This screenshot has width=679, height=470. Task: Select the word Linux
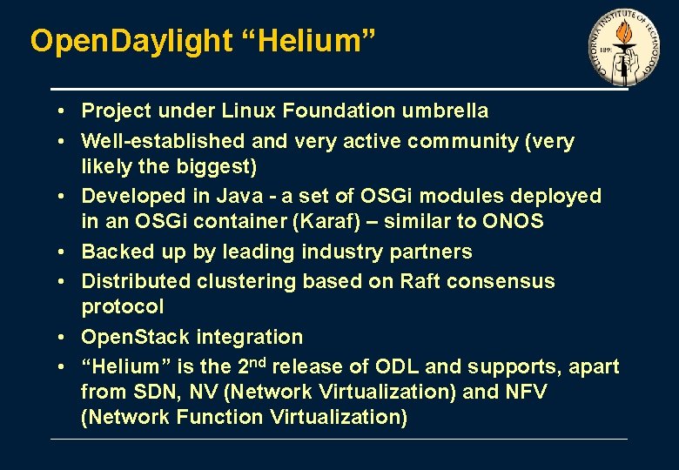[x=250, y=111]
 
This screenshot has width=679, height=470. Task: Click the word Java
[x=229, y=196]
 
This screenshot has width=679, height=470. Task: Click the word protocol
[x=122, y=306]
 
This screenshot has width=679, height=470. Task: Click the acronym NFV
[x=526, y=392]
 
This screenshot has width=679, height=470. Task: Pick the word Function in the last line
[x=219, y=417]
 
